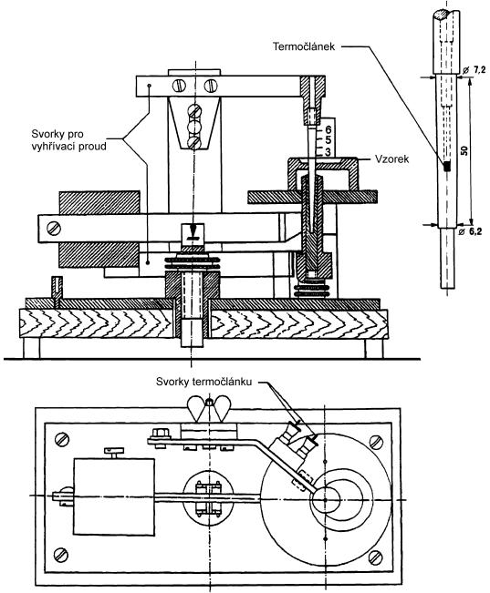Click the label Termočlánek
click(304, 46)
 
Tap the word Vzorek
click(391, 158)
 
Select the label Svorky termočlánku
click(204, 382)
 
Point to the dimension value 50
click(465, 149)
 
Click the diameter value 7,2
click(474, 69)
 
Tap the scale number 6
click(328, 131)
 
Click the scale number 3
click(328, 151)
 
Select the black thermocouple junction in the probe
click(447, 166)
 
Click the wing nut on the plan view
click(209, 408)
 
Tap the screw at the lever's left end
click(54, 228)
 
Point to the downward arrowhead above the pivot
click(193, 229)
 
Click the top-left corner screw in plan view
click(62, 439)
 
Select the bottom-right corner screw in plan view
click(375, 557)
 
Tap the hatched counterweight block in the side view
click(99, 230)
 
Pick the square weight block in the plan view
click(114, 497)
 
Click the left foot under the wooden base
click(31, 347)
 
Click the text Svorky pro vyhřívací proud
click(68, 140)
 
